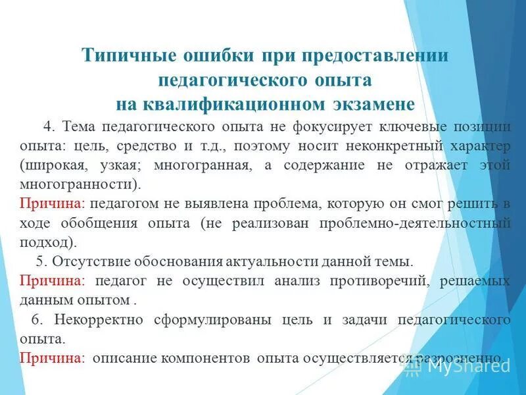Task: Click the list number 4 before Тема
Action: pyautogui.click(x=47, y=127)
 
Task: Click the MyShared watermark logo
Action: pyautogui.click(x=454, y=366)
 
